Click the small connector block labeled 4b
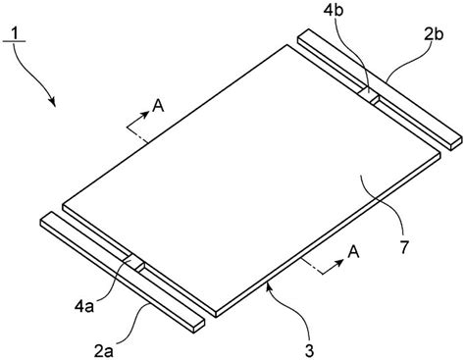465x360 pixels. pos(368,95)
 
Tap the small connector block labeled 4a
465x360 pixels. pos(133,264)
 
